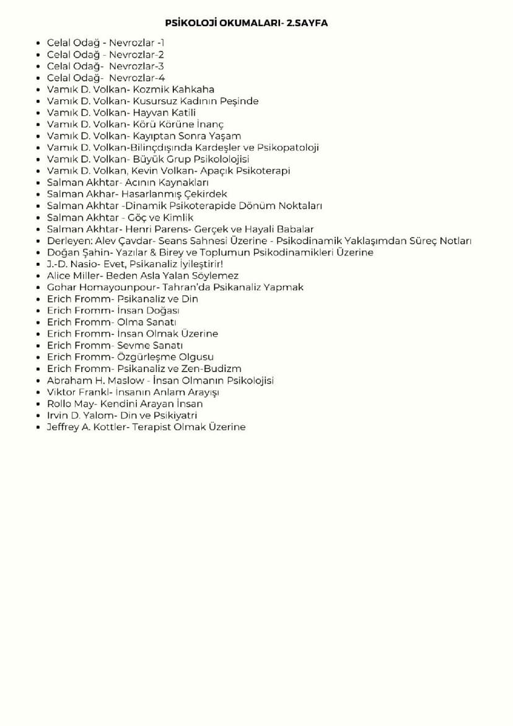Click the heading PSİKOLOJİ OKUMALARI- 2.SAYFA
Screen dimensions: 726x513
tap(246, 23)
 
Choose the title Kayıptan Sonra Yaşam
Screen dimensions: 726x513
tap(187, 136)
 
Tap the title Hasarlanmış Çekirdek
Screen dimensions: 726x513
tap(174, 194)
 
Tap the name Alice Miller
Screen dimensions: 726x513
tap(74, 275)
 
